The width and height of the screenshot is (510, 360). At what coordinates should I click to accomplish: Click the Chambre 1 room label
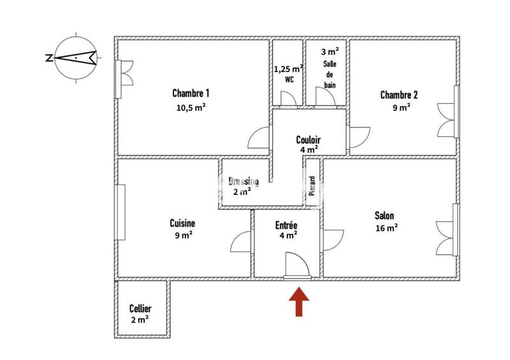point(191,93)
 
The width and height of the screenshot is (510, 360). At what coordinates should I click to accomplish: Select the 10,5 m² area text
point(191,108)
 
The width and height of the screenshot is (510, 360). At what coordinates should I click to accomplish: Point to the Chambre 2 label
point(399,95)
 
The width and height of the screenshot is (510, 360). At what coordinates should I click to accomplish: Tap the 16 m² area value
point(386,227)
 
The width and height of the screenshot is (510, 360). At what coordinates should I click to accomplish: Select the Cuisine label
point(182,223)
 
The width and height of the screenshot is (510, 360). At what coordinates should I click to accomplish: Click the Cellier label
point(140,308)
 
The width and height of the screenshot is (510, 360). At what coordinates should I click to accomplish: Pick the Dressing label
point(244,180)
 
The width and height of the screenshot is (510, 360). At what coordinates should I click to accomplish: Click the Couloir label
point(309,140)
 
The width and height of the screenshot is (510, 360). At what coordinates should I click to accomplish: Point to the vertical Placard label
point(312,185)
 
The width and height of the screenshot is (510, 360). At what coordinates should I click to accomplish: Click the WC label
point(289,80)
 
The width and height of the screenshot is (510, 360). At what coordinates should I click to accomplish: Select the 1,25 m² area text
point(288,69)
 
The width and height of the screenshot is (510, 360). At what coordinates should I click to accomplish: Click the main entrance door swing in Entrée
point(296,265)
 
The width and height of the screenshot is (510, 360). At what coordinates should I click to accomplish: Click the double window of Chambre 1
point(124,79)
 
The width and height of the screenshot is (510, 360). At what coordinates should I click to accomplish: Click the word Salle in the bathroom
point(330,64)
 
